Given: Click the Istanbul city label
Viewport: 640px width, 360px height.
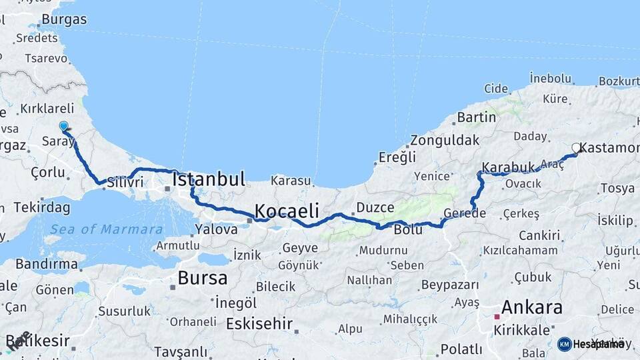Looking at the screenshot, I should pos(209,179).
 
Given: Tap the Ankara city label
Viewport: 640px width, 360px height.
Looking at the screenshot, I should pos(531,308).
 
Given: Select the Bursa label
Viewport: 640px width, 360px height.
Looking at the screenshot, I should pos(203,277).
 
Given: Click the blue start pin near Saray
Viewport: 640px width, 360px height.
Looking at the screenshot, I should pos(63,126).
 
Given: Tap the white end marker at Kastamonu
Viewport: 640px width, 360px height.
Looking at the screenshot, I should pos(577,148).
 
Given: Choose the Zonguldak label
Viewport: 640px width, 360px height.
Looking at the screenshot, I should pos(445,141).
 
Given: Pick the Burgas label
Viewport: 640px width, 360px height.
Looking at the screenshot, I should pos(64,19).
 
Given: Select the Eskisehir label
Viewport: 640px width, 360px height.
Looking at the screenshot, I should pos(259,324).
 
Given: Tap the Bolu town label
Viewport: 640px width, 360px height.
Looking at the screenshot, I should pos(408,231).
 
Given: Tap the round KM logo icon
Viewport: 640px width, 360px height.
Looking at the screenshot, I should pos(564,344).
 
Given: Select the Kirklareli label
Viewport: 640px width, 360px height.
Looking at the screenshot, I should pos(47,108).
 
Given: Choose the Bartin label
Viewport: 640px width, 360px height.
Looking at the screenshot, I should pos(476,117).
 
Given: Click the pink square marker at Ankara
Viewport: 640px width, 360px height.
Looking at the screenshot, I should pos(496,316).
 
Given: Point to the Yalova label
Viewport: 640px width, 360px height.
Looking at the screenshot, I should pos(216,229).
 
